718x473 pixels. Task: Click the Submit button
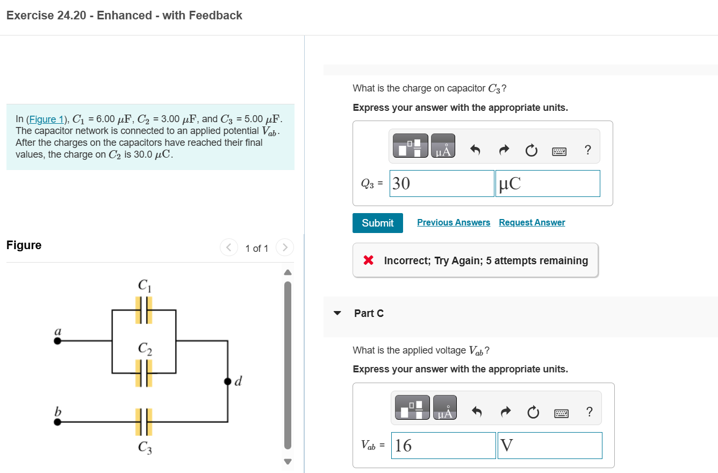click(377, 223)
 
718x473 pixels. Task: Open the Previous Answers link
click(454, 223)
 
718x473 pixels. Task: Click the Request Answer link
click(532, 223)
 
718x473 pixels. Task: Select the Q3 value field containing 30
click(441, 183)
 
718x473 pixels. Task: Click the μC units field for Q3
click(547, 183)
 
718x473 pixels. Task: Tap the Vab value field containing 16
click(443, 446)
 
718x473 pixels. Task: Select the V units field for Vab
click(549, 446)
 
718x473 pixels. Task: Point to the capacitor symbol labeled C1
click(143, 310)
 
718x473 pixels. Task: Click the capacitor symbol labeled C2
click(143, 373)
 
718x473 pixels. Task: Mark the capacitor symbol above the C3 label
click(143, 422)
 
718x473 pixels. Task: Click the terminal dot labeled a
click(58, 341)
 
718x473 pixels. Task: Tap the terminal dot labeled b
click(58, 422)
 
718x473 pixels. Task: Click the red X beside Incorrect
click(368, 260)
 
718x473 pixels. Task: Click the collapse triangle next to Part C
click(338, 313)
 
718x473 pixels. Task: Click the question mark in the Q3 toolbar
click(587, 150)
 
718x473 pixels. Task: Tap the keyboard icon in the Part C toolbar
click(561, 413)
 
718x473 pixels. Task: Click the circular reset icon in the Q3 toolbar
click(531, 150)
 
